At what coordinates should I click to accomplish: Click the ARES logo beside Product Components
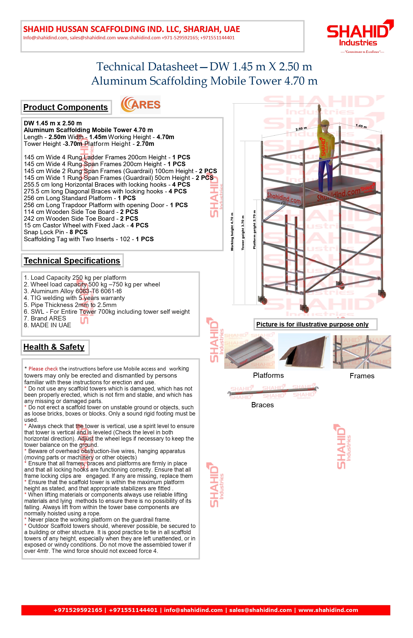click(140, 105)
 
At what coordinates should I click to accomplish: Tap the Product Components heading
click(65, 107)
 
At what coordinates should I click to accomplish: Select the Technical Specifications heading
click(72, 260)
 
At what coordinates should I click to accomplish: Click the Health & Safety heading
click(54, 347)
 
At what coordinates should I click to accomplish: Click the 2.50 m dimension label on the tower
click(301, 129)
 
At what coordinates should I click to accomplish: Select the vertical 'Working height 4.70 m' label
click(232, 232)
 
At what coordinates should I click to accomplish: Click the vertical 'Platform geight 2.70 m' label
click(254, 230)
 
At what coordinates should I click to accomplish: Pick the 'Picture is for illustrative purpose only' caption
click(312, 324)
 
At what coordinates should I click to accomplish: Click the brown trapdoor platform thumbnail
click(304, 352)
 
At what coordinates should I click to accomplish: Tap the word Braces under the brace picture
click(262, 405)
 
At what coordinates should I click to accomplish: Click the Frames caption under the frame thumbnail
click(362, 376)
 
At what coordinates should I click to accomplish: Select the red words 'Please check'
click(43, 369)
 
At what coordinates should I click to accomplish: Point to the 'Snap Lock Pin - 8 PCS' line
click(56, 232)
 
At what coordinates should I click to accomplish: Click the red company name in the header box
click(131, 29)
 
